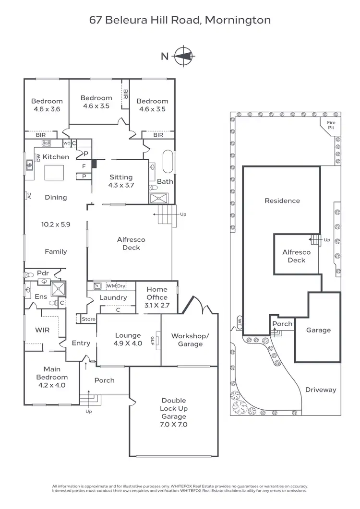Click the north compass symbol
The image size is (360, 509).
182,56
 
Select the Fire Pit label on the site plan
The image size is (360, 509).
332,125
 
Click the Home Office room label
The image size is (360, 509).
157,293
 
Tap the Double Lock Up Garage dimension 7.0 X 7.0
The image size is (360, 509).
174,425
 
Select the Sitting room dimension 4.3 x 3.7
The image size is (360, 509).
121,185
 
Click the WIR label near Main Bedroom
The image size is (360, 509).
43,330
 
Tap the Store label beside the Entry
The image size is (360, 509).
88,319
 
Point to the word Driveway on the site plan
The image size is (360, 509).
321,390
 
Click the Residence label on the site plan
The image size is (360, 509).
282,201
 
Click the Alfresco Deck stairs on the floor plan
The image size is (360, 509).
165,214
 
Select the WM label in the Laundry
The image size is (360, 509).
111,286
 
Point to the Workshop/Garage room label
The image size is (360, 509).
190,340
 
